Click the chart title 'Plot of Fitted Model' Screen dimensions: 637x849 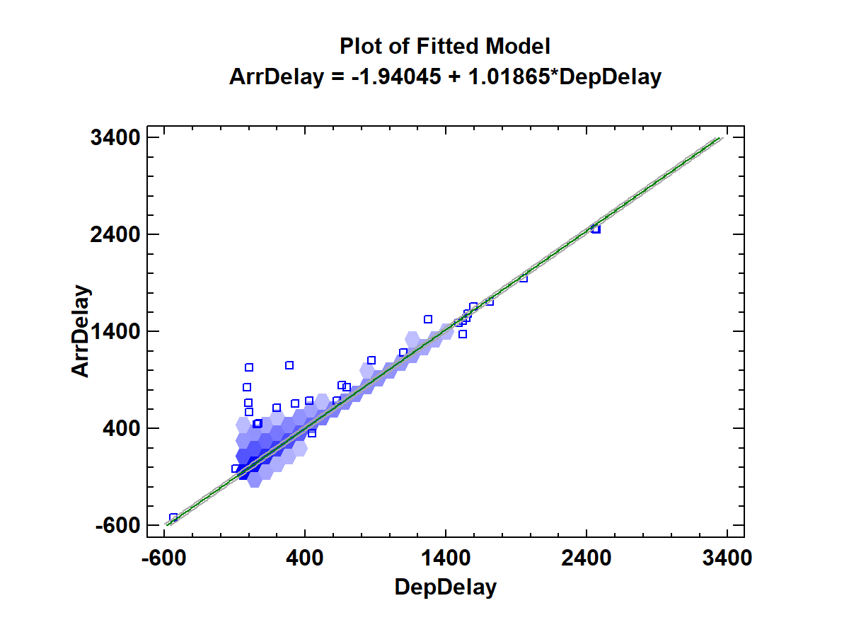coord(445,47)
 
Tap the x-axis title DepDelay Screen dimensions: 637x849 coord(446,587)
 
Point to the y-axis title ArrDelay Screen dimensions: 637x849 coord(82,331)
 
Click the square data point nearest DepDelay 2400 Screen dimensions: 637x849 coord(596,229)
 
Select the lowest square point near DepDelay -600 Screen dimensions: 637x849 coord(173,517)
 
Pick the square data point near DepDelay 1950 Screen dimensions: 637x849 coord(524,278)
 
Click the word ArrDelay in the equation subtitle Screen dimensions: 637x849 coord(275,76)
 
